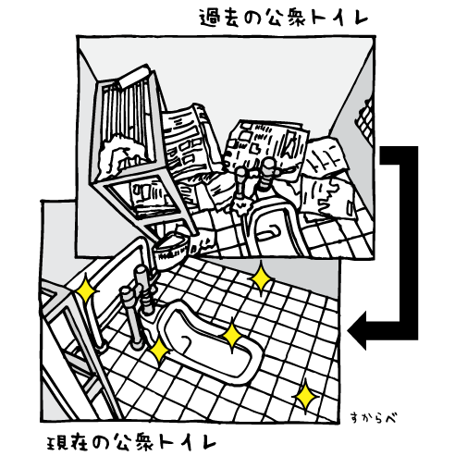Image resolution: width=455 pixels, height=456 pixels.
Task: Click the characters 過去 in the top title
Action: (x=219, y=18)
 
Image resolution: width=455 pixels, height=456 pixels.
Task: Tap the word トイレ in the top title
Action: (x=339, y=18)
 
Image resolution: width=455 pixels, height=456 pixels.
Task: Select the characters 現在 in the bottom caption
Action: (x=67, y=443)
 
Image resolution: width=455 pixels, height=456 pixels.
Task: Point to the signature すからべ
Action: (x=374, y=418)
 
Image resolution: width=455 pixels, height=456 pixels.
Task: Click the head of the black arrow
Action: (x=358, y=330)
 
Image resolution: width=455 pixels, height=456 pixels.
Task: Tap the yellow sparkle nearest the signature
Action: (x=305, y=397)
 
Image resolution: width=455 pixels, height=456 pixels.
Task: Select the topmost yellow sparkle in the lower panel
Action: (x=261, y=278)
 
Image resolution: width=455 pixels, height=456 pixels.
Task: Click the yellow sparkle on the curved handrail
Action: (x=86, y=290)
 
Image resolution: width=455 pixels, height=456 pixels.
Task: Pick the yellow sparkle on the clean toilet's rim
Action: (x=232, y=335)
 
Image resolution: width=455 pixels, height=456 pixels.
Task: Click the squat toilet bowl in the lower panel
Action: (x=210, y=342)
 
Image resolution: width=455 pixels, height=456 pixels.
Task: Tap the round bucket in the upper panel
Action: (x=171, y=251)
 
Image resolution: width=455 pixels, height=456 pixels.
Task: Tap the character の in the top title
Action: (x=252, y=18)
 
